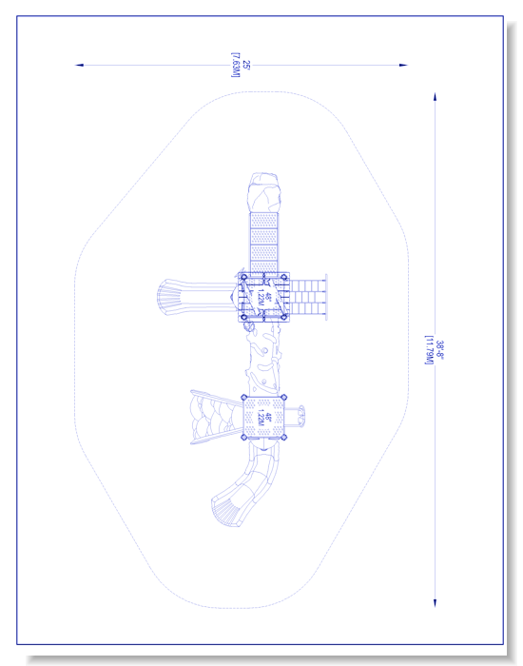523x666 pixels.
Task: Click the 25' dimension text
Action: [x=246, y=66]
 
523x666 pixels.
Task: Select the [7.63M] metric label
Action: [x=236, y=65]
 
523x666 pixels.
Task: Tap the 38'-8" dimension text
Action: [x=439, y=350]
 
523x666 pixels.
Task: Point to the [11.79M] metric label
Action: [x=429, y=350]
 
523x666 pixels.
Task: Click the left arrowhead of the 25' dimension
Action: [x=79, y=65]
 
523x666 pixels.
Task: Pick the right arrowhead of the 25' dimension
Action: [x=403, y=65]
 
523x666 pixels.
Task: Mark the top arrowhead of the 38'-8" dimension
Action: [x=435, y=96]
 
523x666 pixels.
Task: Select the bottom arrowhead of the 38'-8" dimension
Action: [x=435, y=603]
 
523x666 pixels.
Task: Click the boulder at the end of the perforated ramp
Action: [x=264, y=192]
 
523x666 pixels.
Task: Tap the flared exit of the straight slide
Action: [x=167, y=297]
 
